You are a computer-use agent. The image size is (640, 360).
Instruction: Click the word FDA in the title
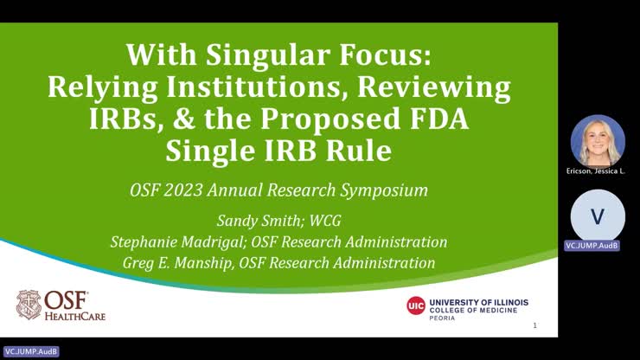[x=438, y=119]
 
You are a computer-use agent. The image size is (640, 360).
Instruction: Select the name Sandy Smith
[x=240, y=221]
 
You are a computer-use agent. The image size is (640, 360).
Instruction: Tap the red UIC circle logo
[x=416, y=305]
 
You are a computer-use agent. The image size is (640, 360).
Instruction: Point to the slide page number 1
[x=535, y=326]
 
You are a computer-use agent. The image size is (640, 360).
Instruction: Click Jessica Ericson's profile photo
[x=598, y=141]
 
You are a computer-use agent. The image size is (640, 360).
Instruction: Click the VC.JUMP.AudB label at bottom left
[x=25, y=352]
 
